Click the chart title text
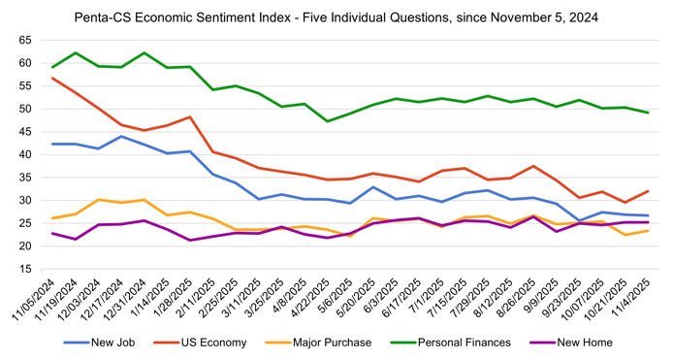[x=336, y=16]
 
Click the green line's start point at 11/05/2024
[x=53, y=67]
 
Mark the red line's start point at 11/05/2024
[x=53, y=78]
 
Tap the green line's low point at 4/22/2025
[x=327, y=121]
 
